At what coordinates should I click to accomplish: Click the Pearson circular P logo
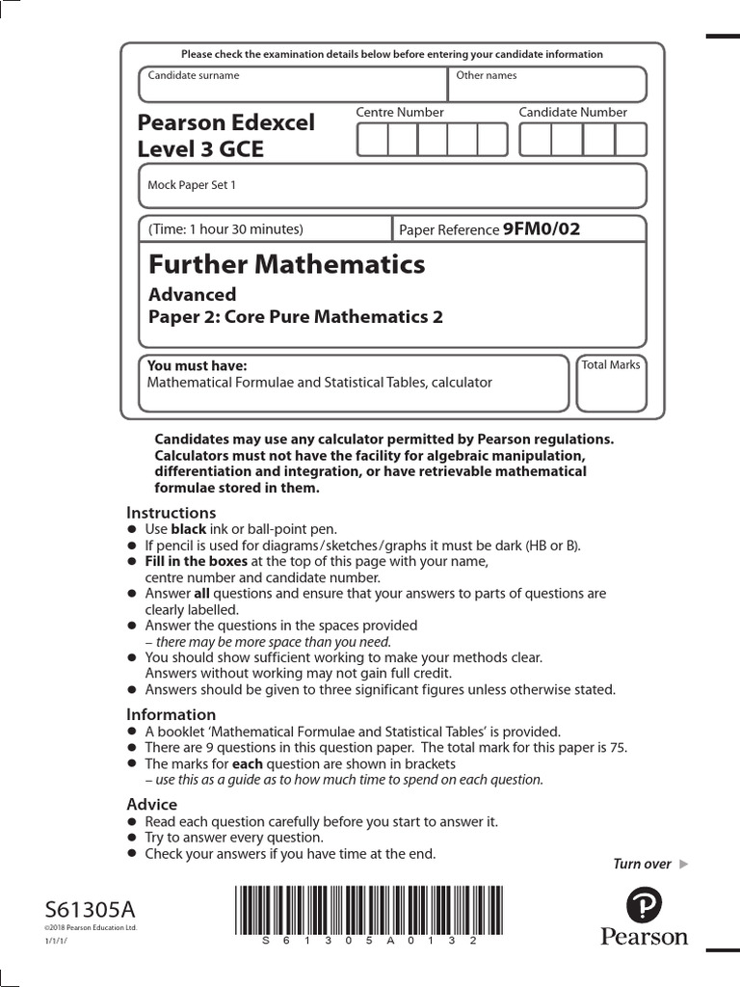pyautogui.click(x=645, y=905)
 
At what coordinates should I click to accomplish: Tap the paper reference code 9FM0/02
pyautogui.click(x=542, y=229)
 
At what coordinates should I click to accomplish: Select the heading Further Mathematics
pyautogui.click(x=286, y=264)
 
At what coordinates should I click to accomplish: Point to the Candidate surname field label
pyautogui.click(x=194, y=75)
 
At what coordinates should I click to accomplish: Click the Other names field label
pyautogui.click(x=487, y=75)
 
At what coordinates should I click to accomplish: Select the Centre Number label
pyautogui.click(x=400, y=113)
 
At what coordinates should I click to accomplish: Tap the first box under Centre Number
pyautogui.click(x=372, y=140)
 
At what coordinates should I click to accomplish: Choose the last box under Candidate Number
pyautogui.click(x=630, y=140)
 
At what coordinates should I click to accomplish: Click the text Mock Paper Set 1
pyautogui.click(x=191, y=185)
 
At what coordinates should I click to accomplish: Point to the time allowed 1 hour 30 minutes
pyautogui.click(x=226, y=229)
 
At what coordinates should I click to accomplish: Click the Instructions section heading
pyautogui.click(x=172, y=513)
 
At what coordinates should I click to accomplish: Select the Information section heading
pyautogui.click(x=172, y=714)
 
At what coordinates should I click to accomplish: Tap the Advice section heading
pyautogui.click(x=152, y=804)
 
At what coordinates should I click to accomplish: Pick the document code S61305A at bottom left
pyautogui.click(x=91, y=910)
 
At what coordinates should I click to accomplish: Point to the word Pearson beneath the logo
pyautogui.click(x=645, y=937)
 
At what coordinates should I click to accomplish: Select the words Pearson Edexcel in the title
pyautogui.click(x=226, y=123)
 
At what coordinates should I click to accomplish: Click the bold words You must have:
pyautogui.click(x=197, y=366)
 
